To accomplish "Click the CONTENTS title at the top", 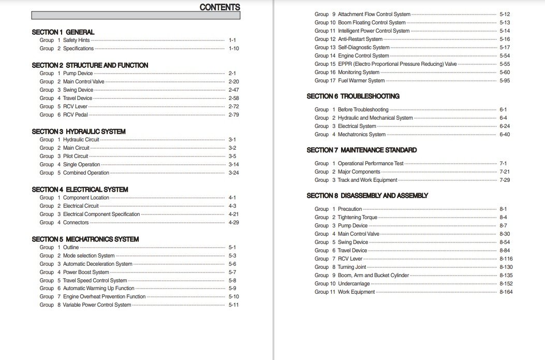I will coord(219,7).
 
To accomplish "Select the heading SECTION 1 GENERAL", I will coord(63,32).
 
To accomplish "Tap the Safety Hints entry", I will coord(77,40).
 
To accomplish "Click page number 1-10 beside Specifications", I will coord(233,49).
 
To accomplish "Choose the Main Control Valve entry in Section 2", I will coord(83,82).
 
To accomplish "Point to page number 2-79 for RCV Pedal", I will coord(233,115).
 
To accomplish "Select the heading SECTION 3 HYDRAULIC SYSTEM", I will coord(78,132).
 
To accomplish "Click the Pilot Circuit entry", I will coord(76,156).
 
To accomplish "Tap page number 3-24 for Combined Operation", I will coord(233,173).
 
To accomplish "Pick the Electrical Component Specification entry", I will coord(101,214).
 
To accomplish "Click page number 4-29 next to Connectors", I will coord(233,223).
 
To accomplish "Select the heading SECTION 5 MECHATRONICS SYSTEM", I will coord(85,239).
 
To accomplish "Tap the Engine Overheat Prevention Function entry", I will coord(104,297).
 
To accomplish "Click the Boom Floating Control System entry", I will coord(372,23).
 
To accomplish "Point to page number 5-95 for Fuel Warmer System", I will coord(505,81).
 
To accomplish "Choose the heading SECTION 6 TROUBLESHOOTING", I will coord(353,96).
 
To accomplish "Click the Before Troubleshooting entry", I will coord(363,110).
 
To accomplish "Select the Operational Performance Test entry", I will coord(371,164).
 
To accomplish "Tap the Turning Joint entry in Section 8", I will coord(353,267).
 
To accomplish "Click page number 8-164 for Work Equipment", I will coord(506,292).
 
